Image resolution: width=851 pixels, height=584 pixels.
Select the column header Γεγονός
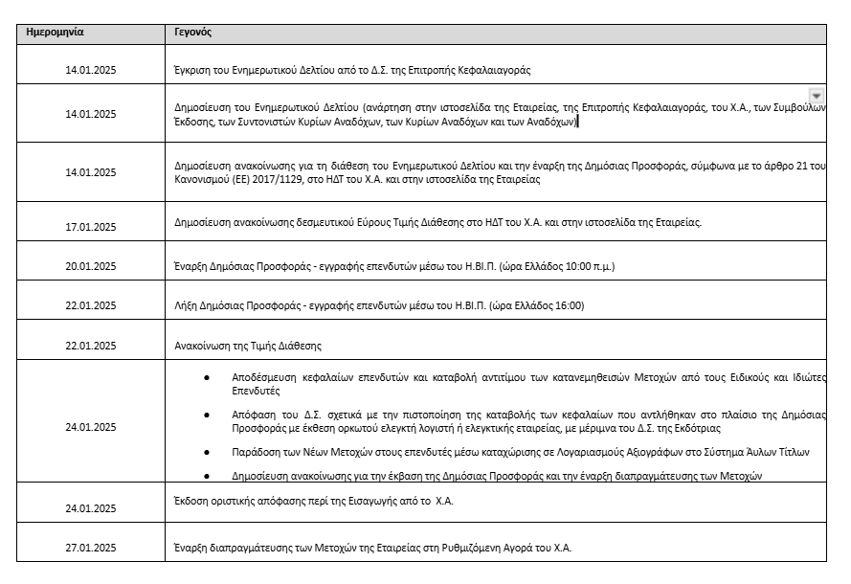coord(192,32)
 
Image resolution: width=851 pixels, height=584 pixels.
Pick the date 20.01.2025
coord(90,266)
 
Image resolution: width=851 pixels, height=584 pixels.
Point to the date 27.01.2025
coord(90,548)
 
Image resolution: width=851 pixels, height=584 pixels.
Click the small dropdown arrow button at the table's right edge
coord(816,95)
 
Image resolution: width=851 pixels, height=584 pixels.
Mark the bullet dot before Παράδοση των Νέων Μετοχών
coord(207,451)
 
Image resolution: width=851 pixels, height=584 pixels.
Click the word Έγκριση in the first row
coord(191,70)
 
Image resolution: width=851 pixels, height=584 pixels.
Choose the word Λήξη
coord(185,305)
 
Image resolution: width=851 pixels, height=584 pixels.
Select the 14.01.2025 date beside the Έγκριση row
coord(90,70)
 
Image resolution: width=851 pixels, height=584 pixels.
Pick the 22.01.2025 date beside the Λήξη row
coord(90,305)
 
